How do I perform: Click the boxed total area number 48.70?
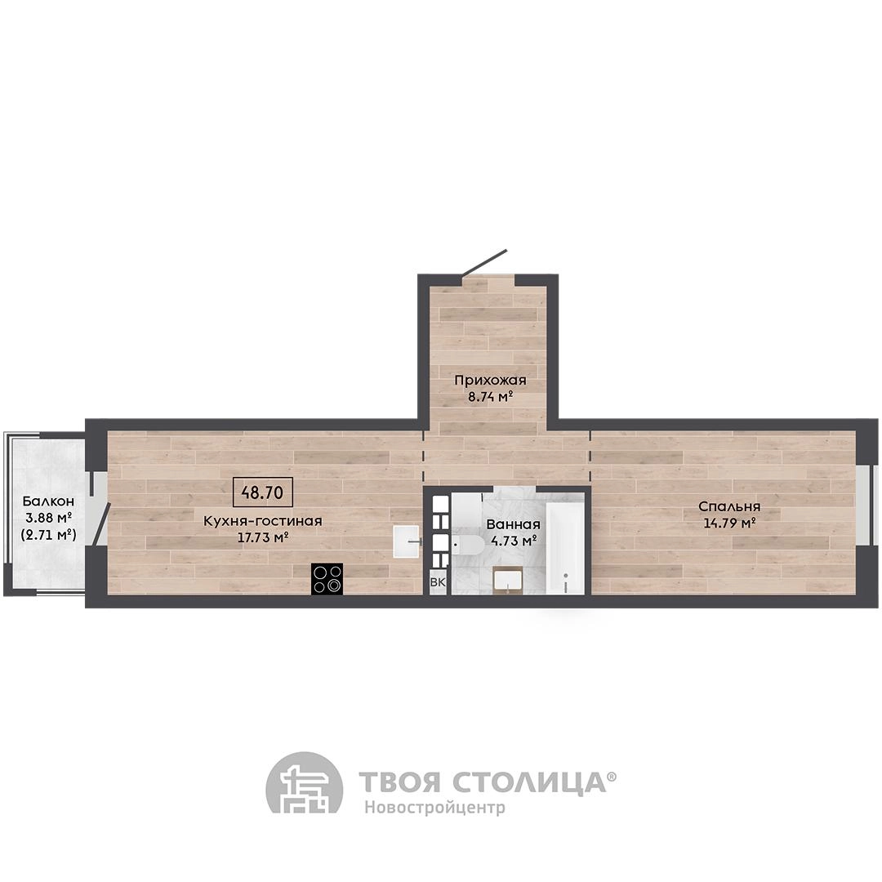coord(262,492)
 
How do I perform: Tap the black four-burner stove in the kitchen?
coord(327,579)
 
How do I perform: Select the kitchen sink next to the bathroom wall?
coord(406,541)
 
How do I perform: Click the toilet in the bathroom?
coord(468,545)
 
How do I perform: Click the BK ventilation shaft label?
coord(438,582)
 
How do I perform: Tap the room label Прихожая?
coord(491,381)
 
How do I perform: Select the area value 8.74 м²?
coord(491,397)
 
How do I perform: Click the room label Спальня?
coord(729,507)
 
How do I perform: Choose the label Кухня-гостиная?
coord(263,521)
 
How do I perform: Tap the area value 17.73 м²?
coord(263,537)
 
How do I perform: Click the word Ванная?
coord(513,524)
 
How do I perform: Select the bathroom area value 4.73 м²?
coord(513,541)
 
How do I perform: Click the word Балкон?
coord(48,501)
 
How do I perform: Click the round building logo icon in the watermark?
coord(305,782)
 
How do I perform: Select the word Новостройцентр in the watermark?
coord(434,807)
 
